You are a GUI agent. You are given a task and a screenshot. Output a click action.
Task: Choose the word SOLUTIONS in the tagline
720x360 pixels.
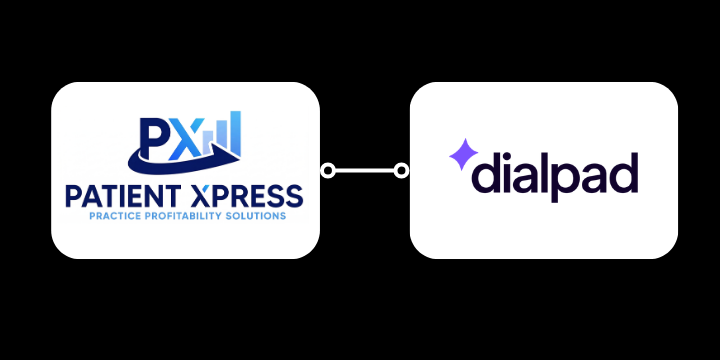click(x=254, y=215)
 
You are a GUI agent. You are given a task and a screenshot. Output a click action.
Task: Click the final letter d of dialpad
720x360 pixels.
click(x=624, y=172)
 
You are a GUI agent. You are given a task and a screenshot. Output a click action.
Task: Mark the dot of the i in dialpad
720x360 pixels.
click(x=509, y=154)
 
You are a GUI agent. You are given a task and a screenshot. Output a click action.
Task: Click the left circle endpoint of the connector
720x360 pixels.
click(x=327, y=171)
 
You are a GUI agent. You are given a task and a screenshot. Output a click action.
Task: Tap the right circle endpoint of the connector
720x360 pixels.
click(x=402, y=171)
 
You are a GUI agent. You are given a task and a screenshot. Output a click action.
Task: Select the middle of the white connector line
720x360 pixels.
click(x=364, y=171)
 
